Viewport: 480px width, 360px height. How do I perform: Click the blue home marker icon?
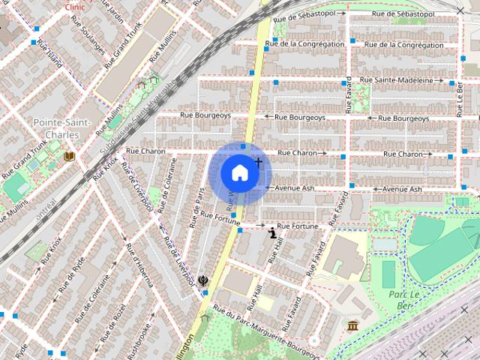pos(238,172)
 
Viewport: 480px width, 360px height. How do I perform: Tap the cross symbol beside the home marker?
pos(258,161)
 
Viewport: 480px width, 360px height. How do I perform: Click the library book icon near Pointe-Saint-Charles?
pos(70,156)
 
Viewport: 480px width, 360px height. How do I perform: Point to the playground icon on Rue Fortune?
pos(272,233)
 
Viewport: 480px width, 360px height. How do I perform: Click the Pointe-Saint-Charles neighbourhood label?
pos(62,128)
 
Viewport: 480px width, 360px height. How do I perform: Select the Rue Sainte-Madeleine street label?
pos(396,80)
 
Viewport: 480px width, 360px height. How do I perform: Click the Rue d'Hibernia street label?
pos(142,266)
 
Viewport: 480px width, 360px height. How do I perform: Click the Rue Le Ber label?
pos(459,97)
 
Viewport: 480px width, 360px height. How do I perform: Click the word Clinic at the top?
pos(75,5)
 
